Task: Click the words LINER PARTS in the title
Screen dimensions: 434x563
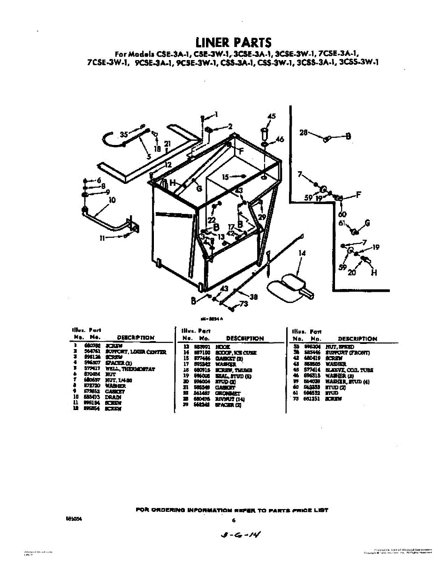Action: tap(233, 42)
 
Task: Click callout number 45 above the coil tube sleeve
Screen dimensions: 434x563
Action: tap(272, 116)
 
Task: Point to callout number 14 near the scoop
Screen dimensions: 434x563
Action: tap(302, 253)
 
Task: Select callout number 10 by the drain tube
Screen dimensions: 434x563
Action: tap(112, 199)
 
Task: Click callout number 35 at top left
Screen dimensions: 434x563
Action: tap(124, 134)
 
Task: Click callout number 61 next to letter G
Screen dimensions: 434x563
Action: tap(342, 223)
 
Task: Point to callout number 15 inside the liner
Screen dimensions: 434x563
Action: tap(225, 177)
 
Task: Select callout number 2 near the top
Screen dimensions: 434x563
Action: tap(230, 126)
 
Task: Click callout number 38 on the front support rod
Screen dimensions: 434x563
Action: tap(254, 297)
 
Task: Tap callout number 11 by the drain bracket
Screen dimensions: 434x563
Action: tap(102, 238)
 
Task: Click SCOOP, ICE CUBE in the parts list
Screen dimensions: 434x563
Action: tap(239, 352)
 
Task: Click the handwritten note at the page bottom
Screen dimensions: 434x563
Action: tap(240, 534)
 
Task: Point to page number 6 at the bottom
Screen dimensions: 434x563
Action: tap(233, 520)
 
